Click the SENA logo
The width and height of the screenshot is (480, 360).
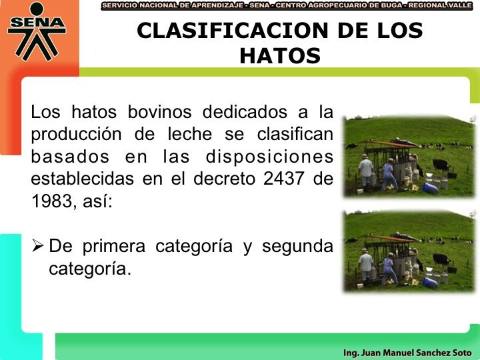(x=37, y=31)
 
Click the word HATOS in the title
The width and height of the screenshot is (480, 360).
(x=280, y=56)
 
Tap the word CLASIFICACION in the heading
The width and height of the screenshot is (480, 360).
(x=233, y=30)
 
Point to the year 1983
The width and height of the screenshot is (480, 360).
(x=51, y=201)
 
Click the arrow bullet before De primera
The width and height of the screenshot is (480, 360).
(x=37, y=245)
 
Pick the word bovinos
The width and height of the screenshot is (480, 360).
(x=159, y=112)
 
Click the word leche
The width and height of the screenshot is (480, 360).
(x=190, y=134)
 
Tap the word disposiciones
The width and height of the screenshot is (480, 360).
(x=269, y=157)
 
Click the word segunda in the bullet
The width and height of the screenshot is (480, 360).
(x=297, y=247)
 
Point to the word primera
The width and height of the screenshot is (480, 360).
(x=114, y=247)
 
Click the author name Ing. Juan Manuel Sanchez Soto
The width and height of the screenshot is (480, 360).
(x=407, y=353)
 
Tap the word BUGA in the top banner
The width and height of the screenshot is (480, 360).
(x=393, y=5)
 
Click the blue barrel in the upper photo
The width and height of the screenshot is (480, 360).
(x=430, y=188)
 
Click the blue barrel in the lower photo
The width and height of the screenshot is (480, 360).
(x=430, y=282)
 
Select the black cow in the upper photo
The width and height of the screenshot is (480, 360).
(x=441, y=165)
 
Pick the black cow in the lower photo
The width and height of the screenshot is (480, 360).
(x=441, y=259)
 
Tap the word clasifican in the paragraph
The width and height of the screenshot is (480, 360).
(x=295, y=134)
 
